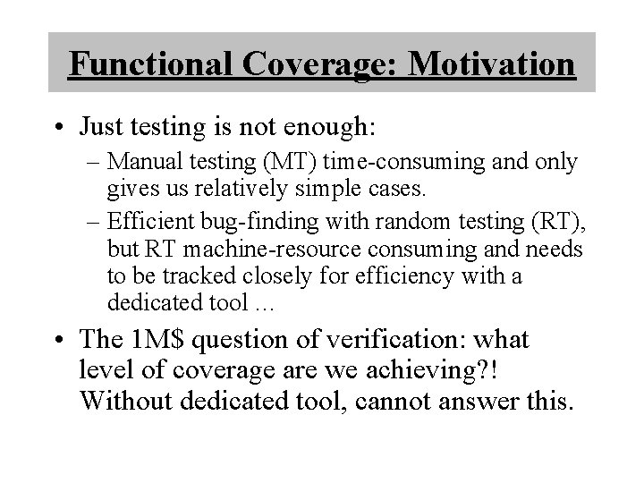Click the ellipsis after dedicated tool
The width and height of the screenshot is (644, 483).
[x=267, y=302]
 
